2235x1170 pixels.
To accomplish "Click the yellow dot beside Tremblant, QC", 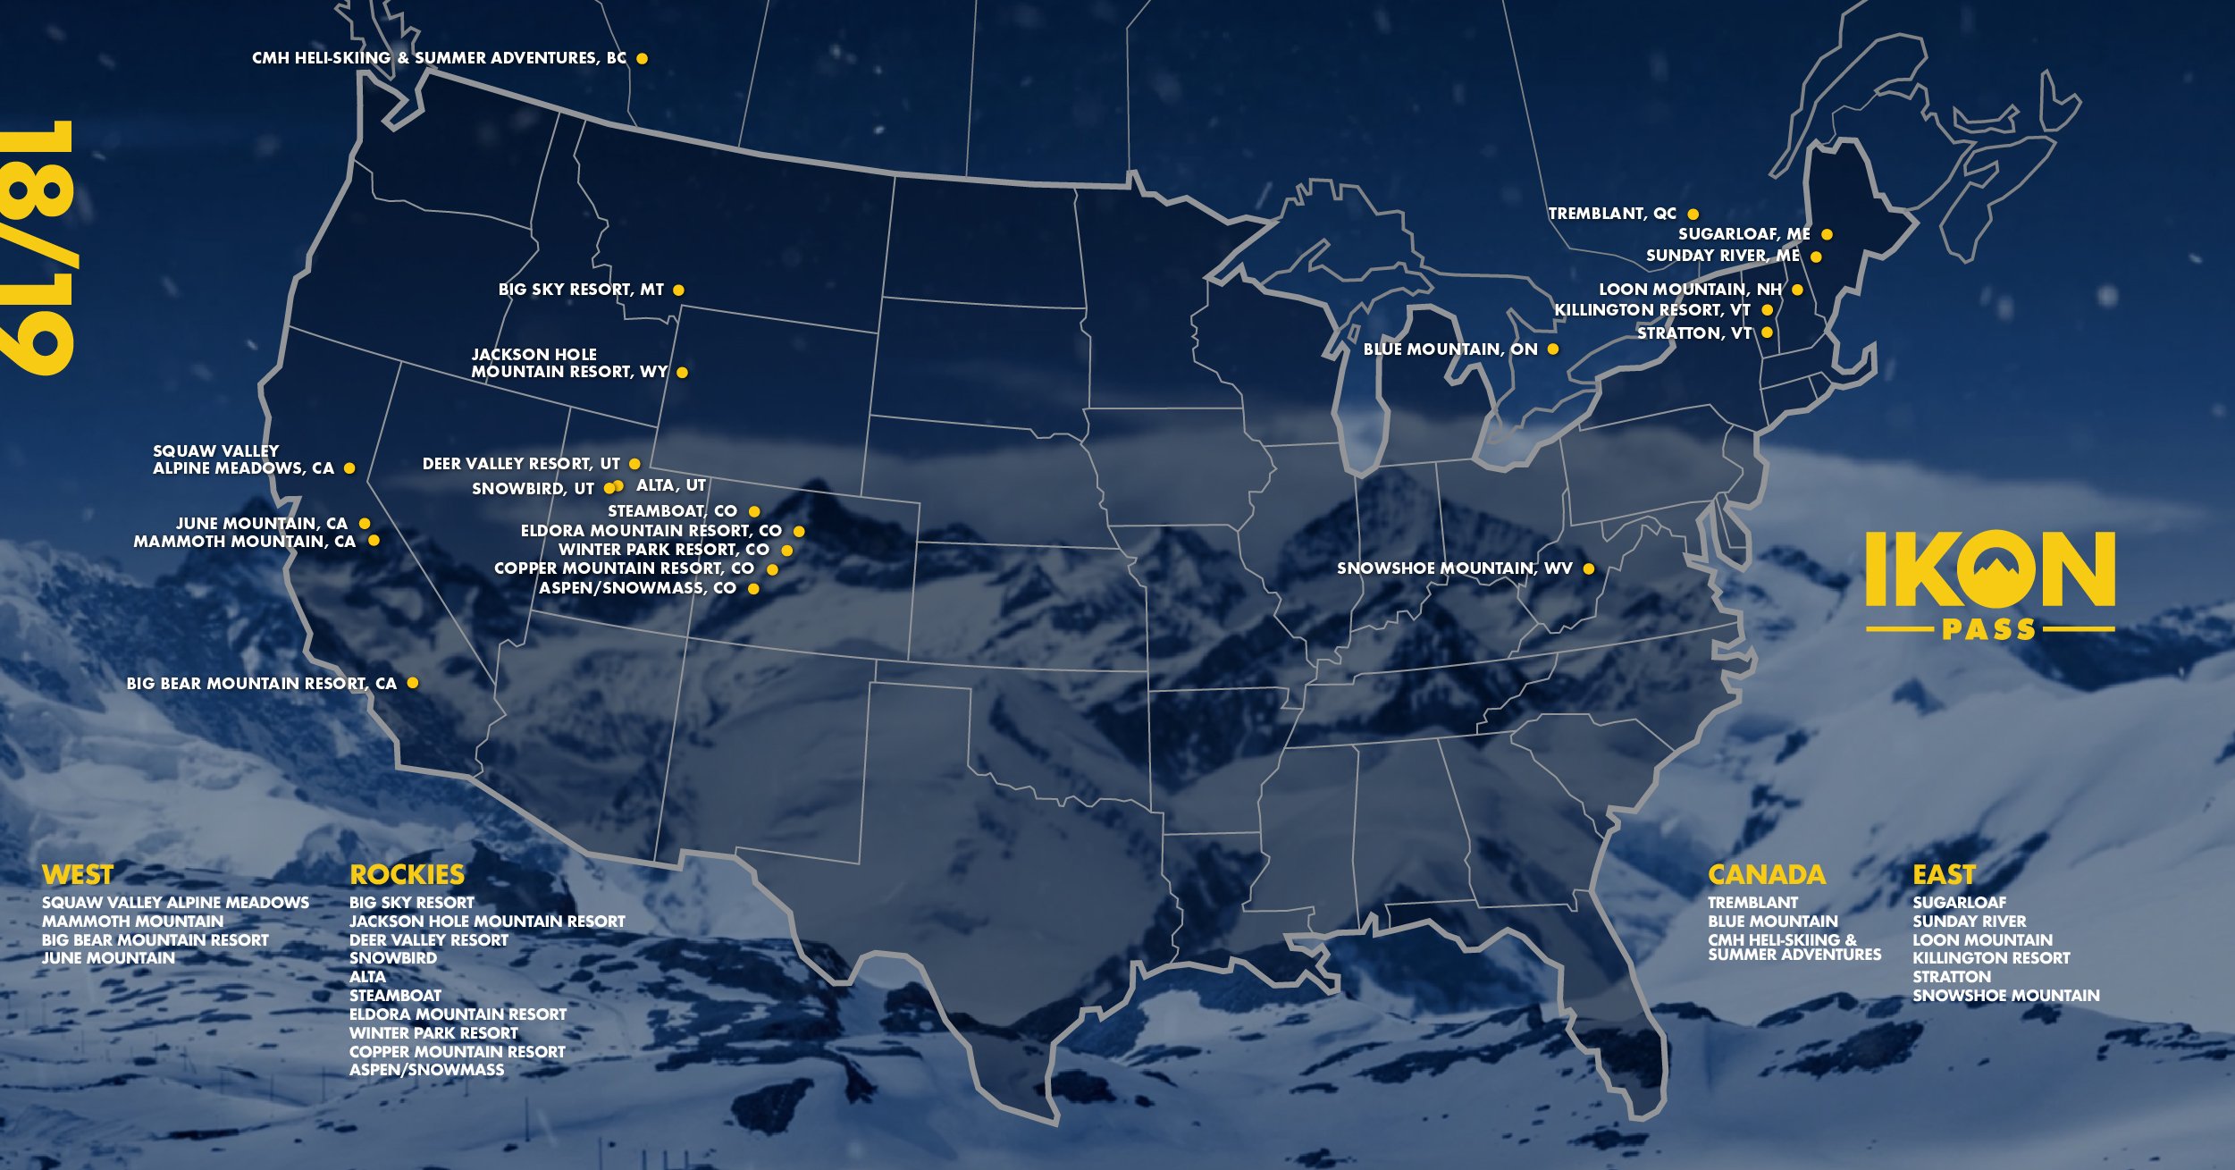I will click(1693, 215).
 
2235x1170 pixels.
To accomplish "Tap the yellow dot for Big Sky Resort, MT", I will click(678, 290).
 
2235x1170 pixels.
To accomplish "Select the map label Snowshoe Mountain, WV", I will click(1454, 568).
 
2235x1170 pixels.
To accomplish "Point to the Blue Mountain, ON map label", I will click(1450, 349).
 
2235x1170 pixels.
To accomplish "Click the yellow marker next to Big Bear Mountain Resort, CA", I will click(413, 683).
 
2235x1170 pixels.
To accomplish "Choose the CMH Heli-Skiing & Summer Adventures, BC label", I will click(439, 58).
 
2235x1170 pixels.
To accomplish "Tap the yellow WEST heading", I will click(78, 874).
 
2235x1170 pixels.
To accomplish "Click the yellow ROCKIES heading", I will click(407, 874).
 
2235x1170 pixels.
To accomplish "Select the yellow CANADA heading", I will click(1766, 874).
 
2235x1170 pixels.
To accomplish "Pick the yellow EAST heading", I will click(1944, 874).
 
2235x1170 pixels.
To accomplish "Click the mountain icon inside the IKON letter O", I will click(1989, 572).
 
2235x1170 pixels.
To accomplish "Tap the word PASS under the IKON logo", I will click(1989, 630).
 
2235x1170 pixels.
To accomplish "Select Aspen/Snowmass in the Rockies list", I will click(426, 1070).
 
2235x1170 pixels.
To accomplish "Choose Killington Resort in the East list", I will click(1991, 958).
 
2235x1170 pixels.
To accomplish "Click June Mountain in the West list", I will click(108, 958).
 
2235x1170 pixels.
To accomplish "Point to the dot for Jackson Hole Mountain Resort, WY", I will click(682, 373).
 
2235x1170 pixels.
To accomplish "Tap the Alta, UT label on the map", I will click(670, 485).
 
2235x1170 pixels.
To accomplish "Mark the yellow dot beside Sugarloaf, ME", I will click(1827, 235).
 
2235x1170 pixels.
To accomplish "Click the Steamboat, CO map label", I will click(672, 511).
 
